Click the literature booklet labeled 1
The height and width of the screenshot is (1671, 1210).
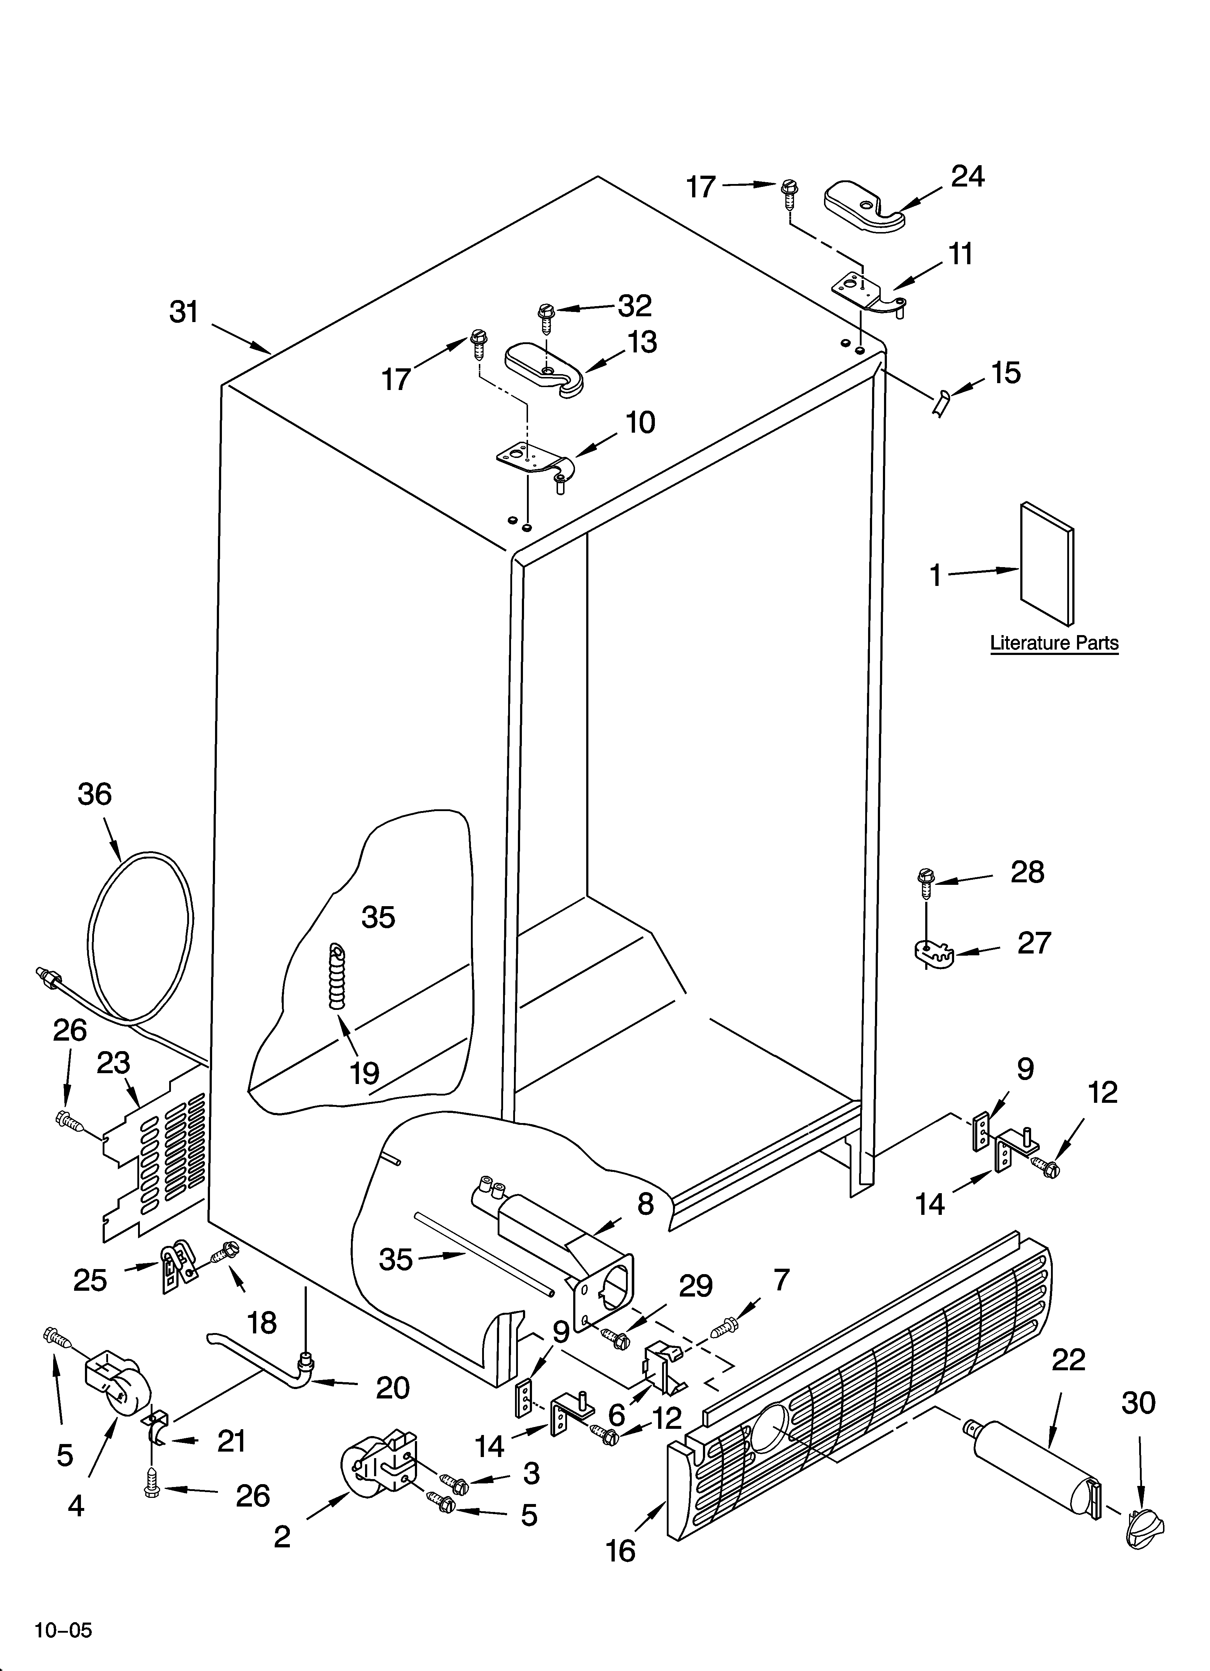point(1046,564)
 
